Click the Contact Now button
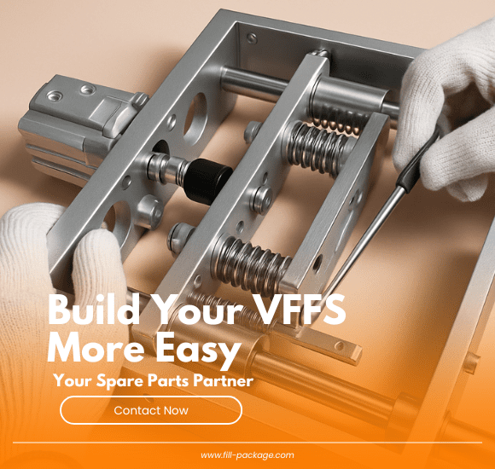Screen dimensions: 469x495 151,410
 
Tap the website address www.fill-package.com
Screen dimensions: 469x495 247,455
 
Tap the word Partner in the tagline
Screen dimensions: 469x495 222,381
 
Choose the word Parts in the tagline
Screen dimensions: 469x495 170,381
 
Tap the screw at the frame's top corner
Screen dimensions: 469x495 251,38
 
